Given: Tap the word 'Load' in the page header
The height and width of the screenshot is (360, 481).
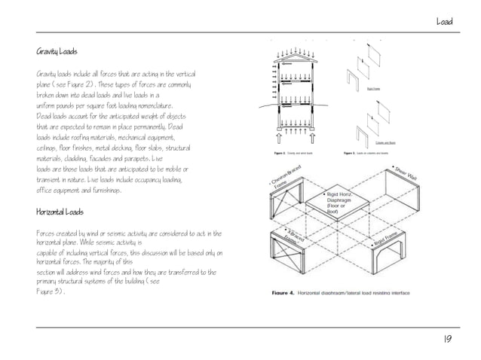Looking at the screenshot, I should click(x=443, y=22).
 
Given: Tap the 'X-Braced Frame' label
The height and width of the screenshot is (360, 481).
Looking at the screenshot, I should click(x=296, y=239).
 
